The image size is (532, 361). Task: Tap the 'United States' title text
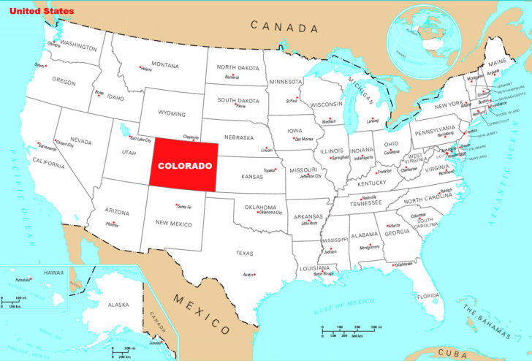tap(42, 12)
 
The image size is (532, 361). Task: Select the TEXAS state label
tap(244, 253)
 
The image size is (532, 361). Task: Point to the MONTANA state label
tap(165, 65)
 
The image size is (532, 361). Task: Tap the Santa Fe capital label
tap(183, 207)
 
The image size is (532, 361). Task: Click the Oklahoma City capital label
tap(270, 213)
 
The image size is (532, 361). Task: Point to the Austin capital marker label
tap(247, 275)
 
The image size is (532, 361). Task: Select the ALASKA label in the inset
tap(118, 304)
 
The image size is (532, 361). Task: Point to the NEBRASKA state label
tap(239, 137)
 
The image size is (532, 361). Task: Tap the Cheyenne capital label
tap(190, 136)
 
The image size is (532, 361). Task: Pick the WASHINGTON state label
tap(79, 46)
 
